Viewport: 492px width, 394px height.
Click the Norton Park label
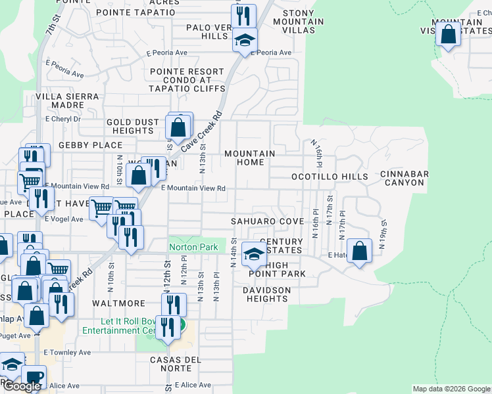[x=193, y=248]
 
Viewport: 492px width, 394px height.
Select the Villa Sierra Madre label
[x=68, y=100]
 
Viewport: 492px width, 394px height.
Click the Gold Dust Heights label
[x=133, y=126]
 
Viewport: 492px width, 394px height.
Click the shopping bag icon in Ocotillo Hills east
[x=359, y=251]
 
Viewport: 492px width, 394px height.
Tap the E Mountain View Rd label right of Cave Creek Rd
[x=193, y=188]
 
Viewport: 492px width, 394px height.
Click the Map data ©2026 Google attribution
[x=451, y=389]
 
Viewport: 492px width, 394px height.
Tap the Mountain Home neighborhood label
[x=249, y=158]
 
